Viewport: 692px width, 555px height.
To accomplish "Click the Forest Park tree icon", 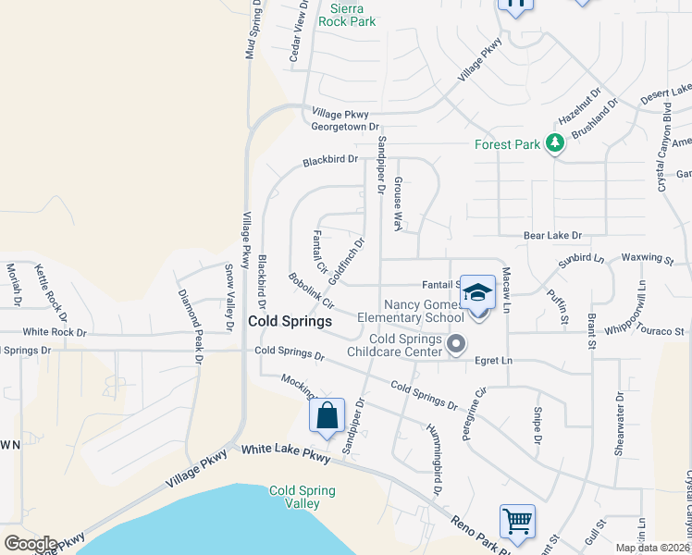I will [x=555, y=143].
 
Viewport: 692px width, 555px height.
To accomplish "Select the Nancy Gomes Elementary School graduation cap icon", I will [x=477, y=293].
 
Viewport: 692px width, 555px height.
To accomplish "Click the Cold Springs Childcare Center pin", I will [x=455, y=345].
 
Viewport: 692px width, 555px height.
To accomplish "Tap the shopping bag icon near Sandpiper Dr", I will [x=327, y=416].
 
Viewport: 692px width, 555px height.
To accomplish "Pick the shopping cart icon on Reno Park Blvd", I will [x=518, y=522].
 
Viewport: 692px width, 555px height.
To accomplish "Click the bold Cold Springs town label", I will [x=290, y=321].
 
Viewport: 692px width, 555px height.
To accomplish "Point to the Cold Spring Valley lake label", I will [x=295, y=497].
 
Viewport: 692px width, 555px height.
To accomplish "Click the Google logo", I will [x=31, y=544].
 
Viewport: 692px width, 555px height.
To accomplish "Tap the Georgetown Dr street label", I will [x=345, y=126].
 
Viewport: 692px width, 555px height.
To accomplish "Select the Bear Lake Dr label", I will [x=552, y=236].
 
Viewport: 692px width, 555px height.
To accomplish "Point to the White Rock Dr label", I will [x=55, y=331].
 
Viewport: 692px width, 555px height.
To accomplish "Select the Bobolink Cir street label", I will [x=309, y=290].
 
